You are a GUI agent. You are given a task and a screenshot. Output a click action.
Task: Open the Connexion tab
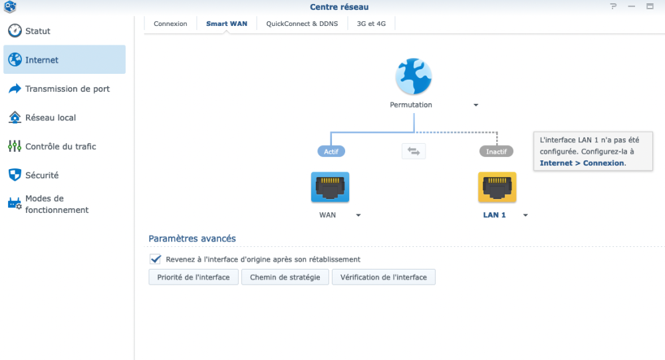coord(170,24)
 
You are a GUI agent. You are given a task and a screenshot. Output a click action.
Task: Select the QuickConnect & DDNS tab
coord(302,24)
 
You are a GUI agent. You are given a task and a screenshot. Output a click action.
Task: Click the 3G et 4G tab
coord(371,24)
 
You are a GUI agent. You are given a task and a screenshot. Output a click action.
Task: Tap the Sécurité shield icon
coord(15,175)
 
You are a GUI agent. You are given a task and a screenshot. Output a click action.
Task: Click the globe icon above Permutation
coord(414,77)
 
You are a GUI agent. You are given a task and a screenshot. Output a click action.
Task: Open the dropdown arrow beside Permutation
coord(476,105)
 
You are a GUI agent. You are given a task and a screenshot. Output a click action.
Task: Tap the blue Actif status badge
coord(331,152)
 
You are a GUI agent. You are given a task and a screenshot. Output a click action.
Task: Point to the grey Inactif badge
coord(496,152)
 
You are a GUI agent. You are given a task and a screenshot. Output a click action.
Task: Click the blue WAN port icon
coord(330,187)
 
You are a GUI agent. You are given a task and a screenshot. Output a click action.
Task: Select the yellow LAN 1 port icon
coord(497,187)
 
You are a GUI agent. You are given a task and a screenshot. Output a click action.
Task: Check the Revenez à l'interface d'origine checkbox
coord(155,259)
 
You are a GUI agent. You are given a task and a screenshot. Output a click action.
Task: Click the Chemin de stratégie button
coord(285,277)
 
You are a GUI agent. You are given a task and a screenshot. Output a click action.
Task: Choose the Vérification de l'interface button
coord(384,277)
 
